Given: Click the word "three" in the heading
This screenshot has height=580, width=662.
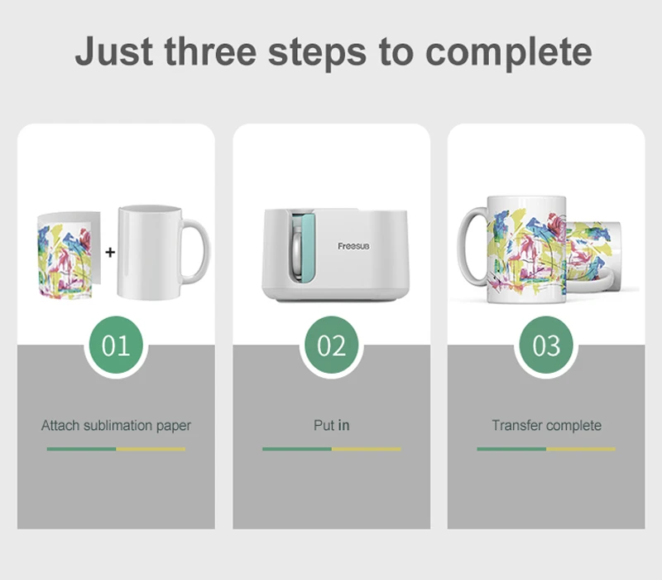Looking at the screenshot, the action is [x=210, y=51].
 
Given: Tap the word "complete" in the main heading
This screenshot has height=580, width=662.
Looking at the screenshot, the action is [x=508, y=54].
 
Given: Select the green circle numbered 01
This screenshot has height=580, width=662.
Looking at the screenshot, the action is [x=116, y=345].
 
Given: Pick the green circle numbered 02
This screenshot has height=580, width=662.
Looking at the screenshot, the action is [x=332, y=345].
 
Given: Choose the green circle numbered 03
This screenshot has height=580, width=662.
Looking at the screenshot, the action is [x=546, y=345].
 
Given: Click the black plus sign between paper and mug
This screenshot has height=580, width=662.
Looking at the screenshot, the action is [x=110, y=253].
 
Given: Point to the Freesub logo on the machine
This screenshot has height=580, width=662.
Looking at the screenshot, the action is [x=353, y=246].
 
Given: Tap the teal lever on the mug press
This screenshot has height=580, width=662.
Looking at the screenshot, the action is [x=309, y=247].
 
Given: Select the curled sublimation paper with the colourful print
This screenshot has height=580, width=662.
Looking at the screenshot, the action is [x=65, y=256].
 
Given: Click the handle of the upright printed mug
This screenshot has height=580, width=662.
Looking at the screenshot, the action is [x=471, y=246].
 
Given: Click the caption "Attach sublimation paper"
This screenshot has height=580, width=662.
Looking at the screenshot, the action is [x=116, y=425].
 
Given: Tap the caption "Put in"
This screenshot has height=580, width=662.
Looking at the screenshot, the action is [x=332, y=425].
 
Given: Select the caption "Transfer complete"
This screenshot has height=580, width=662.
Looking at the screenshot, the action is [x=547, y=425].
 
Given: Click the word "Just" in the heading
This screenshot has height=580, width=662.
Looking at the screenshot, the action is [x=114, y=51].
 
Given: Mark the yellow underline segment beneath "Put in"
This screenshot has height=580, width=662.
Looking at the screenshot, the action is [x=366, y=449].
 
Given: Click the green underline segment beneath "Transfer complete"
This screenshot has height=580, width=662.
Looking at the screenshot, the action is [x=511, y=449].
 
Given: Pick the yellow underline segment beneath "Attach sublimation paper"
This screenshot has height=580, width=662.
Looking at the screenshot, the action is [x=151, y=449].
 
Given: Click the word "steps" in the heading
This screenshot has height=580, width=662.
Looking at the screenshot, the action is [x=317, y=54].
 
